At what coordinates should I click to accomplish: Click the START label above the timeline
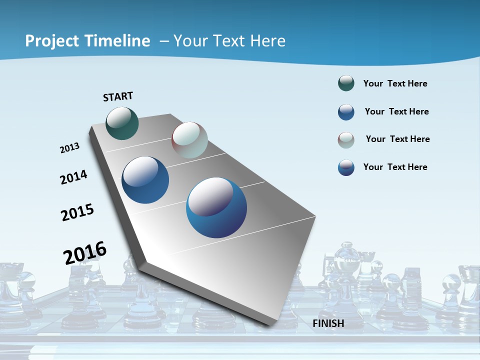118,96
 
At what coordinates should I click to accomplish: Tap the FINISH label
328,323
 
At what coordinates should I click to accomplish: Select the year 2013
69,148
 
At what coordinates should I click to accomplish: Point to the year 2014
73,177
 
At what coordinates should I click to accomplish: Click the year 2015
77,212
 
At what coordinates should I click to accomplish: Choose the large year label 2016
85,253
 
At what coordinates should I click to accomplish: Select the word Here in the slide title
267,41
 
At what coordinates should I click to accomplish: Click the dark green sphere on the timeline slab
122,123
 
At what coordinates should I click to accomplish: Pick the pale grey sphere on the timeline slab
189,140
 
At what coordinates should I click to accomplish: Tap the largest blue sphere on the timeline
216,207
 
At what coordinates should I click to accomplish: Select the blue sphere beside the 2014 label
145,180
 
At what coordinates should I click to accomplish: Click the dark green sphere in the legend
346,83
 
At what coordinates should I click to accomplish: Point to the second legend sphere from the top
346,112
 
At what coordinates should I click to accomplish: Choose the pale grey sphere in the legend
346,140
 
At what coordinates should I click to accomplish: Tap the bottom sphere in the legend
346,167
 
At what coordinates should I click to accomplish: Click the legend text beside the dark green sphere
395,83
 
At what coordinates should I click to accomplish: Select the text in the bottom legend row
395,167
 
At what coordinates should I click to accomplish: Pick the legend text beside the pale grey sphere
397,139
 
